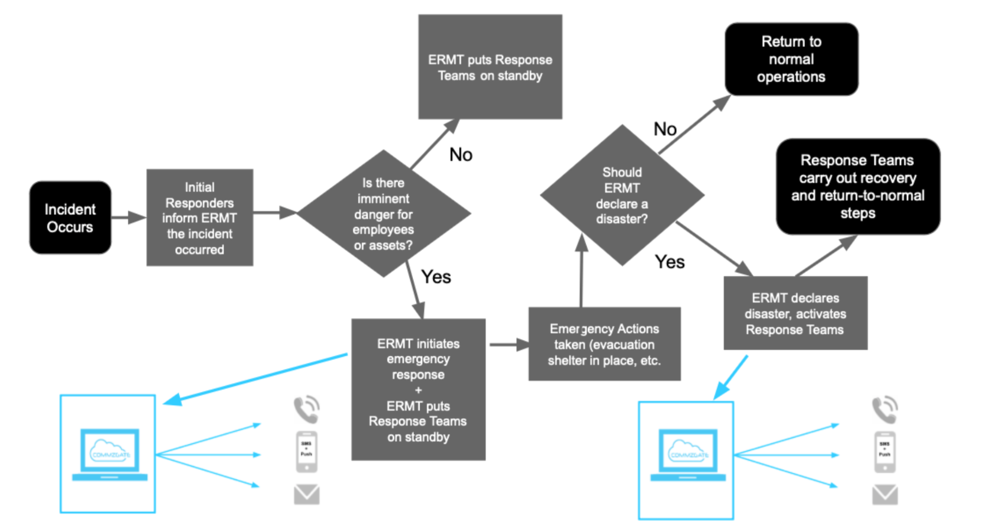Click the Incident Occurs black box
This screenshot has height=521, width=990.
(x=70, y=218)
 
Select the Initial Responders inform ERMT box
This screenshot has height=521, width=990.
(x=200, y=218)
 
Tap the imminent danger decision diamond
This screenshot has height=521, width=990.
(x=383, y=214)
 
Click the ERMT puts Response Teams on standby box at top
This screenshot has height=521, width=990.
(x=490, y=67)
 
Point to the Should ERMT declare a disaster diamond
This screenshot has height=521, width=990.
(x=622, y=195)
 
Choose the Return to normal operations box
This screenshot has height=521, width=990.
(x=791, y=59)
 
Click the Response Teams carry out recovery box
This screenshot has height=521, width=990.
(x=858, y=186)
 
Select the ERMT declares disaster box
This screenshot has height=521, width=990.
(x=795, y=313)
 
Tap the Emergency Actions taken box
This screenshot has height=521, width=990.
(x=604, y=344)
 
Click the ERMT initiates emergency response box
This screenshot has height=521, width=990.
(x=418, y=390)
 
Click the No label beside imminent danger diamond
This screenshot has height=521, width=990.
(x=460, y=155)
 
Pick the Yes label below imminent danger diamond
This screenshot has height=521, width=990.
(x=436, y=277)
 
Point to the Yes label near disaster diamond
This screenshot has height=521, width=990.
(x=669, y=262)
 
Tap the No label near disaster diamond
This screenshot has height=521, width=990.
(x=665, y=129)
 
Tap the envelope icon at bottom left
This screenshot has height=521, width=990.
(x=307, y=494)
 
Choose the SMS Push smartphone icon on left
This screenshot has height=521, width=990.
(x=307, y=452)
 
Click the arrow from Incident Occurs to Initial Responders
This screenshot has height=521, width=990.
(x=128, y=218)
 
